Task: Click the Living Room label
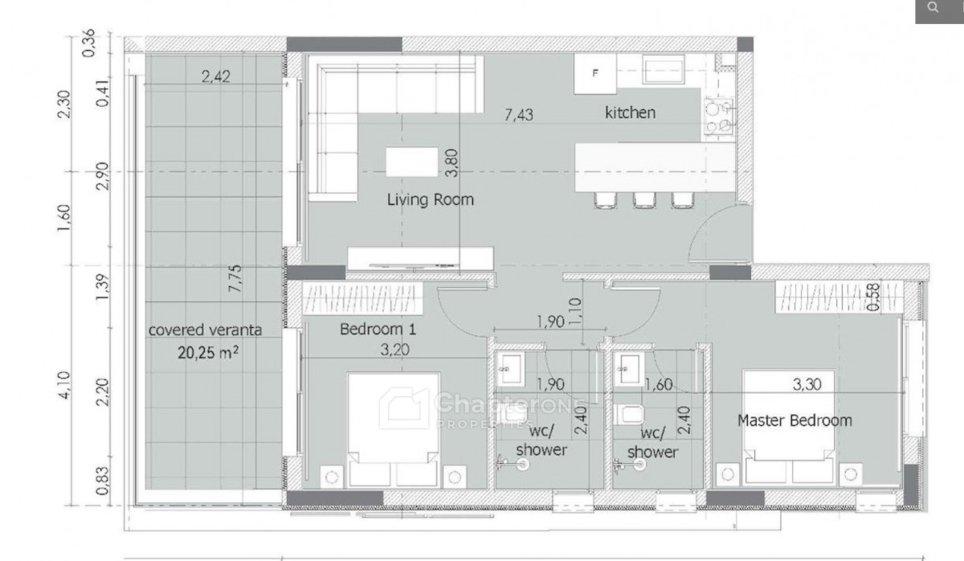point(430,200)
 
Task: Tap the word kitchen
point(630,113)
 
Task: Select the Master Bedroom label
point(794,420)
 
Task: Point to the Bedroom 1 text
point(378,330)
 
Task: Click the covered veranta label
point(206,330)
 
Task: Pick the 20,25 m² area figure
point(208,353)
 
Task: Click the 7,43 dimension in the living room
point(519,115)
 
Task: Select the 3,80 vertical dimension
point(451,162)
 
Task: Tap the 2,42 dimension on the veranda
point(215,76)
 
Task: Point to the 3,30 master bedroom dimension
point(807,384)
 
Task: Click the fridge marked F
point(595,74)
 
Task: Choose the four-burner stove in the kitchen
point(719,117)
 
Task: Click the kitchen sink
point(664,70)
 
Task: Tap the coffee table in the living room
point(412,162)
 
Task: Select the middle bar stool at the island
point(644,200)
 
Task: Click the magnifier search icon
point(933,7)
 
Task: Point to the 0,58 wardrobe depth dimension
point(874,297)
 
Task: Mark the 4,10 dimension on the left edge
point(63,385)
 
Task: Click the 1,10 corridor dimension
point(575,312)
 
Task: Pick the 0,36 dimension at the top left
point(88,43)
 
